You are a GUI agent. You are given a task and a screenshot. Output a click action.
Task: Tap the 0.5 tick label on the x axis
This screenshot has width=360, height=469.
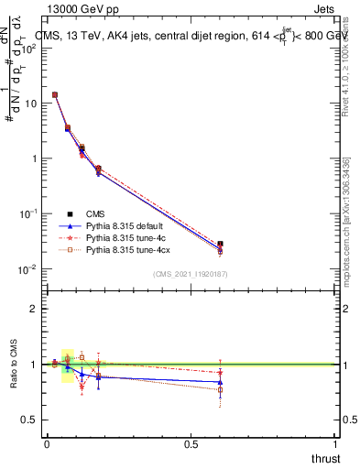pyautogui.click(x=191, y=444)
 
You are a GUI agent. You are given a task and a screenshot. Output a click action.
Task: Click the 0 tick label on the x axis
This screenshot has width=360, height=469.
pyautogui.click(x=47, y=444)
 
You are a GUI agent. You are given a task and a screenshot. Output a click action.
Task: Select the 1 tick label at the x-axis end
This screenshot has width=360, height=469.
pyautogui.click(x=335, y=444)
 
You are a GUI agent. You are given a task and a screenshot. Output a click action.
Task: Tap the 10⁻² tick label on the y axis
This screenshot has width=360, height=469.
pyautogui.click(x=27, y=269)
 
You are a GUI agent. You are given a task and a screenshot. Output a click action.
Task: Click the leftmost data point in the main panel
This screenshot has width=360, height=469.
pyautogui.click(x=55, y=94)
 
